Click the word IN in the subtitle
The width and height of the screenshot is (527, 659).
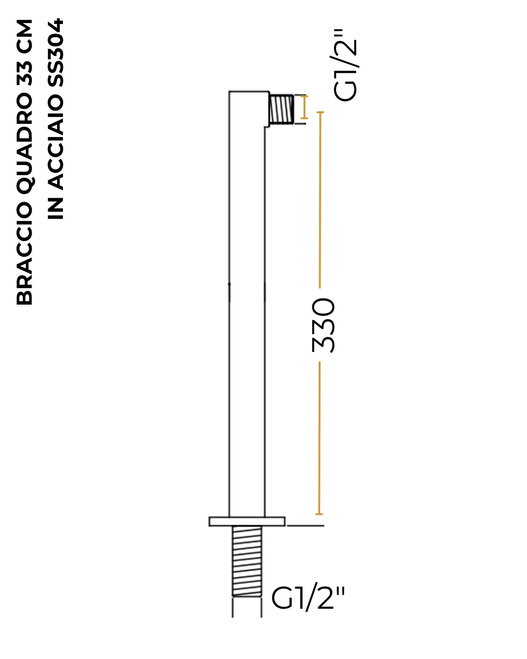click(56, 208)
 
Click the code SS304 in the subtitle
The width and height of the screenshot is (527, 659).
click(56, 53)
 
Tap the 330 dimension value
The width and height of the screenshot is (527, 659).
click(323, 325)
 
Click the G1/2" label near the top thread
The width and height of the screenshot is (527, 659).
click(345, 65)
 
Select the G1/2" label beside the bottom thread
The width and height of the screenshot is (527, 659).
click(308, 598)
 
